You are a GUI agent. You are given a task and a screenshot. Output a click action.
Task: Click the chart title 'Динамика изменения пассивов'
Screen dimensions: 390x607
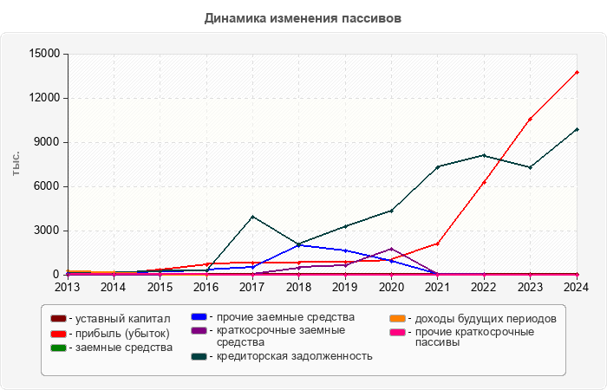pyautogui.click(x=303, y=18)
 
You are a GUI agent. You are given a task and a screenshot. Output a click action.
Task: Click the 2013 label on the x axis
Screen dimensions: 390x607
pyautogui.click(x=68, y=287)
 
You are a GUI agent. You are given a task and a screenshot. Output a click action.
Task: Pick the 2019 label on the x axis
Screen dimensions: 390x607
pyautogui.click(x=345, y=287)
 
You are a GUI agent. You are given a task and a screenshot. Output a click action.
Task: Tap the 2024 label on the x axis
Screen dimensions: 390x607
pyautogui.click(x=577, y=287)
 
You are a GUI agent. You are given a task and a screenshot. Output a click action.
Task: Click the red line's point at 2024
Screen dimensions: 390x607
pyautogui.click(x=577, y=72)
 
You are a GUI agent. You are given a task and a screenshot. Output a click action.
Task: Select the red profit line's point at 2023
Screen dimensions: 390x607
pyautogui.click(x=530, y=119)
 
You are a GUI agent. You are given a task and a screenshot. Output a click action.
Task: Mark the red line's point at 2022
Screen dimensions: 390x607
pyautogui.click(x=484, y=182)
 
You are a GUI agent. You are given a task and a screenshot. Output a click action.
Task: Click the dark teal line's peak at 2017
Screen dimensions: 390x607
pyautogui.click(x=252, y=217)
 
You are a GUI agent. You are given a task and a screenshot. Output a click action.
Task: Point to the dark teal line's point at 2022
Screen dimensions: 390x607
pyautogui.click(x=484, y=155)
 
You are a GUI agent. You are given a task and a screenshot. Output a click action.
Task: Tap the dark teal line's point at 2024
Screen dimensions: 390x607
pyautogui.click(x=577, y=129)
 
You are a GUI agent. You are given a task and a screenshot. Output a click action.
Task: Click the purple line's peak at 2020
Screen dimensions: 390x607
pyautogui.click(x=391, y=249)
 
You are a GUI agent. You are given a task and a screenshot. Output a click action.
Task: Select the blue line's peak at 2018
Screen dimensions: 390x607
pyautogui.click(x=298, y=244)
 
